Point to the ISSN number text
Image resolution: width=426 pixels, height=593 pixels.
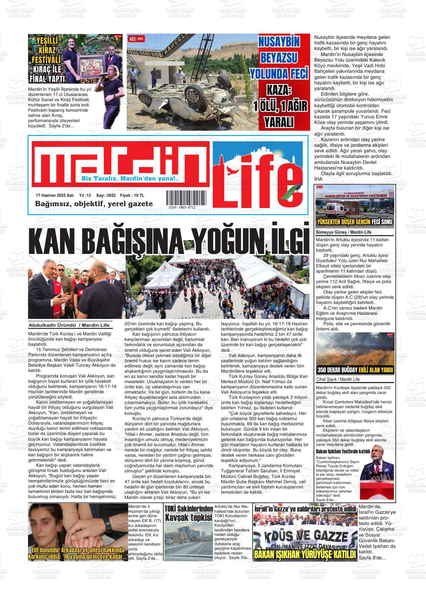[x=182, y=207]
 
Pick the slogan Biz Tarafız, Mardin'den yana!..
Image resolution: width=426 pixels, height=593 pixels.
[x=131, y=179]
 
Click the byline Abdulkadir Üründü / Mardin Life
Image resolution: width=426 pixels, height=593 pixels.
[x=69, y=325]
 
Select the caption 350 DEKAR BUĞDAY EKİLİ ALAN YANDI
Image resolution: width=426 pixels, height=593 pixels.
[x=355, y=370]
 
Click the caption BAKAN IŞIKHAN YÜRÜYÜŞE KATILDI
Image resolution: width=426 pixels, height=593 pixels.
[x=305, y=554]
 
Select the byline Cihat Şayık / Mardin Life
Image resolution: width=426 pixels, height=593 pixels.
[x=338, y=379]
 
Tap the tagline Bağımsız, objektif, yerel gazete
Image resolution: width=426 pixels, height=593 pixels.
[x=94, y=204]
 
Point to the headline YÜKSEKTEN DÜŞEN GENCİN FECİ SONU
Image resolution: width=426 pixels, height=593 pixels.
[x=355, y=223]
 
